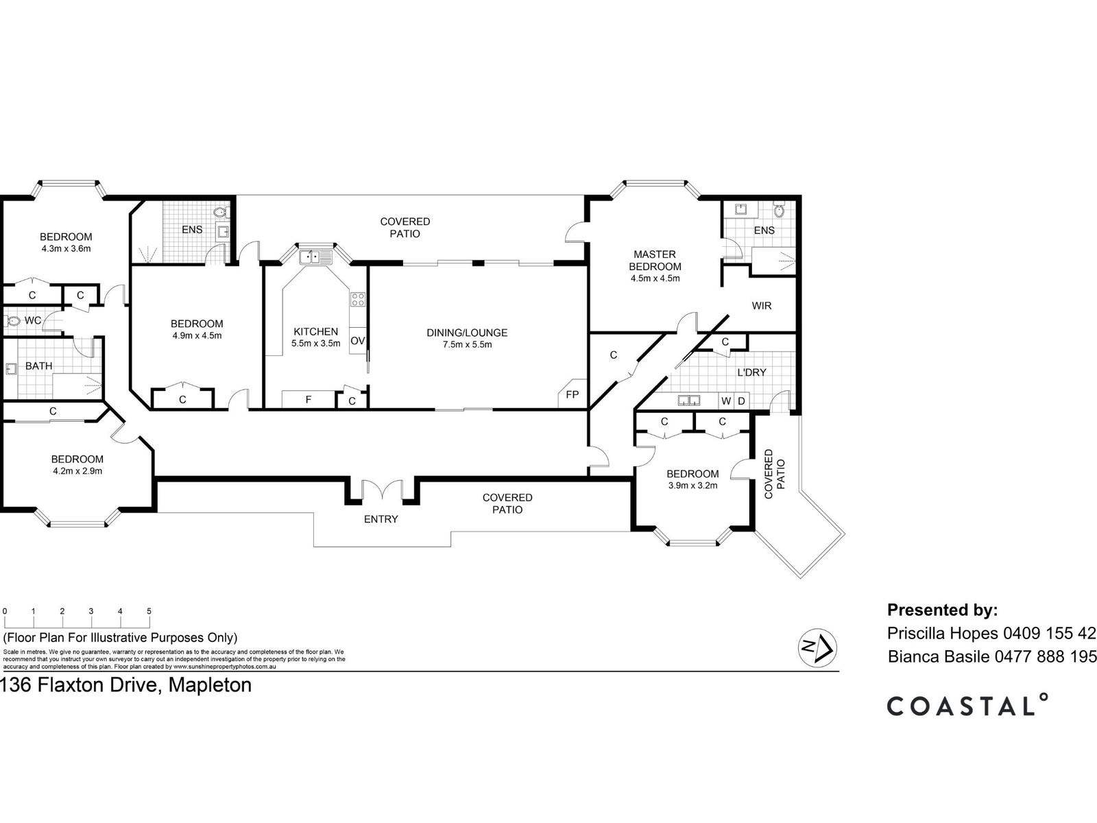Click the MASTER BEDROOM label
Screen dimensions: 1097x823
coord(655,260)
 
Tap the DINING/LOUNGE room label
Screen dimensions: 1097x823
coord(467,333)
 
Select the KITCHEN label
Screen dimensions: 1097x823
coord(315,331)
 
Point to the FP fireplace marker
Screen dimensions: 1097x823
coord(572,394)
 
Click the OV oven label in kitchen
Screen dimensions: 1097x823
coord(357,341)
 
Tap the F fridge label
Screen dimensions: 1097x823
coord(309,398)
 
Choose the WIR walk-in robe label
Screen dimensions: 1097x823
coord(762,305)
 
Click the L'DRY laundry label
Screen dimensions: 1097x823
coord(751,372)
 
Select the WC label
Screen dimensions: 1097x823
coord(33,320)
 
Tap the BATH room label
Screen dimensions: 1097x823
coord(38,366)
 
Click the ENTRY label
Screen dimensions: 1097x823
coord(381,519)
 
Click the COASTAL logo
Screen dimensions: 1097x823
coord(967,705)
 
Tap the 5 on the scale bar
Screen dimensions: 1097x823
coord(149,611)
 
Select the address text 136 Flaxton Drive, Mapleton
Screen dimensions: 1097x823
coord(126,684)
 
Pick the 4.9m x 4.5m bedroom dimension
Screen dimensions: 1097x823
coord(197,336)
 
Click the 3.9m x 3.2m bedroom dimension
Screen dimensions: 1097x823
coord(692,486)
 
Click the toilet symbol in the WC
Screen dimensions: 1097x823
coord(12,320)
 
